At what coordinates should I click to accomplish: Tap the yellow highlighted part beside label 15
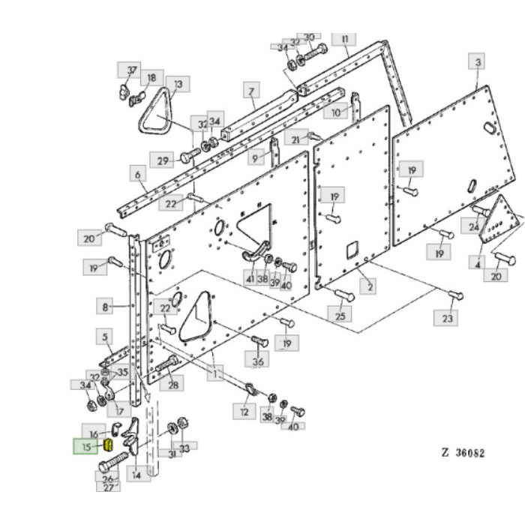[x=107, y=445]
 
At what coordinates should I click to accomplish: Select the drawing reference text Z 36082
[x=462, y=453]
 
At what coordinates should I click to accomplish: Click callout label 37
[x=132, y=70]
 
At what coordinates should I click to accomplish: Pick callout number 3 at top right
[x=478, y=61]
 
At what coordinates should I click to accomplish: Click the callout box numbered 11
[x=344, y=38]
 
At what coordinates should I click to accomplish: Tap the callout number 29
[x=161, y=159]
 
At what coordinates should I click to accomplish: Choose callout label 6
[x=138, y=175]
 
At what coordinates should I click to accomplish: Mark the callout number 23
[x=448, y=318]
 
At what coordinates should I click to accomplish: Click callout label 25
[x=342, y=316]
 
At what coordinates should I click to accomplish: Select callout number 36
[x=259, y=361]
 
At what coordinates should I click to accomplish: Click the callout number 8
[x=106, y=306]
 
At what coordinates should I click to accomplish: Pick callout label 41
[x=249, y=278]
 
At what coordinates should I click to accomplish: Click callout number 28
[x=173, y=385]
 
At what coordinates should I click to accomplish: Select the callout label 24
[x=474, y=226]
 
